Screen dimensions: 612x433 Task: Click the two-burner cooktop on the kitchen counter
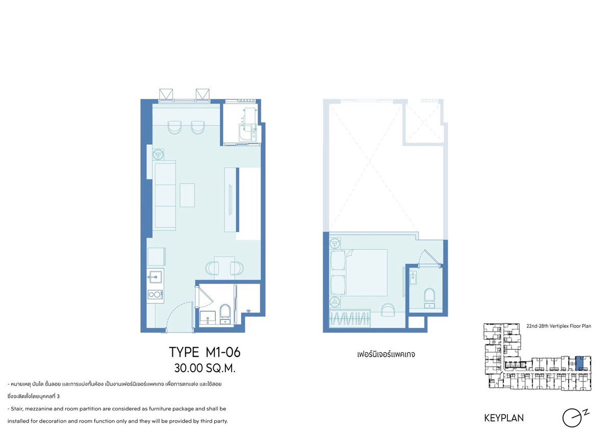point(155,294)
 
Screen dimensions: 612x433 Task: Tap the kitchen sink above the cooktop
point(155,277)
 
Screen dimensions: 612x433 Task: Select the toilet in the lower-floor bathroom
point(225,314)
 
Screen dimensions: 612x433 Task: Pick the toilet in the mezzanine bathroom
point(429,298)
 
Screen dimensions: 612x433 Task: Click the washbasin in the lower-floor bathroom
point(208,317)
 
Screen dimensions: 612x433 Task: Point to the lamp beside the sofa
point(158,155)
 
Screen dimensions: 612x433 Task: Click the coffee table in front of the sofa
point(187,195)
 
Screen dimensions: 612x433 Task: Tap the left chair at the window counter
point(174,128)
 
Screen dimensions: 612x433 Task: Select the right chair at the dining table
point(237,268)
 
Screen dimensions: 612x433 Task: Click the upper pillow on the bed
point(338,260)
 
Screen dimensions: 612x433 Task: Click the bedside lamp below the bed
point(335,302)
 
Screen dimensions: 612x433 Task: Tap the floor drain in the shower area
point(249,310)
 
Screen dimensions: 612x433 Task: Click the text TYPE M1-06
point(205,352)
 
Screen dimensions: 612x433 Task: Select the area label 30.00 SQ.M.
point(205,368)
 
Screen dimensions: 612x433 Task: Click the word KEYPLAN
point(504,418)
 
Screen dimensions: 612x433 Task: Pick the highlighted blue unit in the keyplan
point(579,363)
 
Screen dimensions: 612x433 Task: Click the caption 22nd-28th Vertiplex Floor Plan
point(559,326)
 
